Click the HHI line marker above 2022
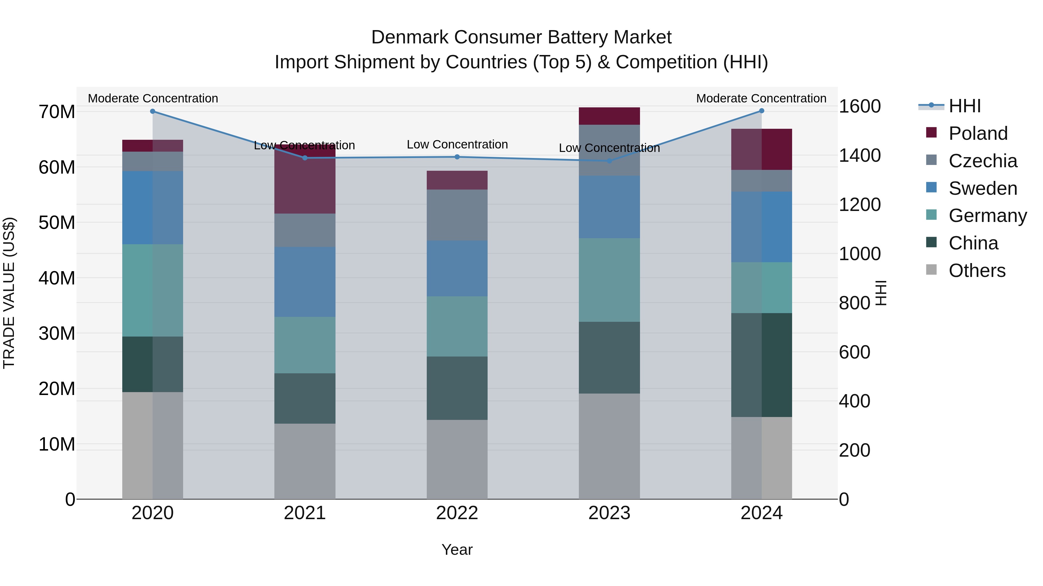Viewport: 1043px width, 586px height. click(x=457, y=157)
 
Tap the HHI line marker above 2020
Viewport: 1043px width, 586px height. click(x=153, y=111)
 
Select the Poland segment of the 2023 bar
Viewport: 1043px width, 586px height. click(x=609, y=116)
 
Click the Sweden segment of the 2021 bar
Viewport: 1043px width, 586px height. click(x=304, y=282)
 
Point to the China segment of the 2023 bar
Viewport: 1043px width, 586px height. click(x=609, y=357)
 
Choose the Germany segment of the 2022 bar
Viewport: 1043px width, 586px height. click(x=457, y=326)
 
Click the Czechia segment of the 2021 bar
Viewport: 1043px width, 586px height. click(x=304, y=230)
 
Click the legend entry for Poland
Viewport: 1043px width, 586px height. click(x=978, y=133)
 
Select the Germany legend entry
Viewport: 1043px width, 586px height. click(x=987, y=216)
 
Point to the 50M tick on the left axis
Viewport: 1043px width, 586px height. click(x=57, y=223)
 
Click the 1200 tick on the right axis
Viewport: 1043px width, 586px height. click(x=859, y=205)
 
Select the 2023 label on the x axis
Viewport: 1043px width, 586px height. click(x=609, y=513)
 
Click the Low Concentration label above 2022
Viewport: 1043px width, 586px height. click(x=457, y=144)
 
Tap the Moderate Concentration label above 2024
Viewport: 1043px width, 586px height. click(x=761, y=98)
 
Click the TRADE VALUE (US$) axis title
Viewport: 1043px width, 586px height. click(x=9, y=293)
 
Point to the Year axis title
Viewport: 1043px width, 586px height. click(x=457, y=550)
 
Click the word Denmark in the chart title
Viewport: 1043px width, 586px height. click(x=409, y=37)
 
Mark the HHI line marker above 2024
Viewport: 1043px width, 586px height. click(x=761, y=111)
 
